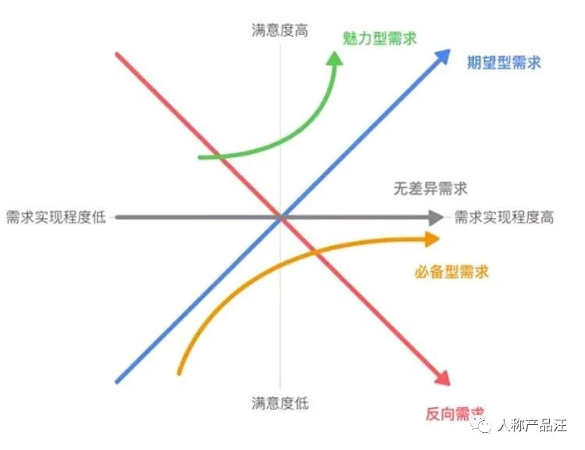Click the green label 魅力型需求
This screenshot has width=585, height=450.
click(x=380, y=38)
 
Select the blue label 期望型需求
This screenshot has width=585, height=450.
click(x=504, y=62)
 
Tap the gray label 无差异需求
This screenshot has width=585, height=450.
click(x=430, y=188)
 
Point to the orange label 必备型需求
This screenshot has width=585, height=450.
click(x=451, y=272)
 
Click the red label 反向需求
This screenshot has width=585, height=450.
click(x=455, y=414)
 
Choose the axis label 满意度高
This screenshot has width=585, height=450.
click(x=280, y=30)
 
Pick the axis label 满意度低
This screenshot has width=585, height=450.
click(x=280, y=403)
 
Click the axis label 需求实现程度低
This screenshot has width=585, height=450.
click(x=56, y=217)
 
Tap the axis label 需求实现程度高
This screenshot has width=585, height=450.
click(x=504, y=217)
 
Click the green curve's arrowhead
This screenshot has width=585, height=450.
click(x=334, y=59)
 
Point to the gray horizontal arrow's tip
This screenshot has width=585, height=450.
click(x=443, y=217)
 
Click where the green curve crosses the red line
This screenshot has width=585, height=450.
click(x=221, y=157)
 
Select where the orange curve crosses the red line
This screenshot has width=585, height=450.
click(x=316, y=252)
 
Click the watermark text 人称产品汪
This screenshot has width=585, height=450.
click(x=532, y=425)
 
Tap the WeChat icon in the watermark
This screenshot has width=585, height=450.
click(x=481, y=425)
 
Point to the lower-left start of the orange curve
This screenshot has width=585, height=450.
click(x=179, y=373)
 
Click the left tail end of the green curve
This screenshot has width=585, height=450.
click(x=200, y=158)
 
